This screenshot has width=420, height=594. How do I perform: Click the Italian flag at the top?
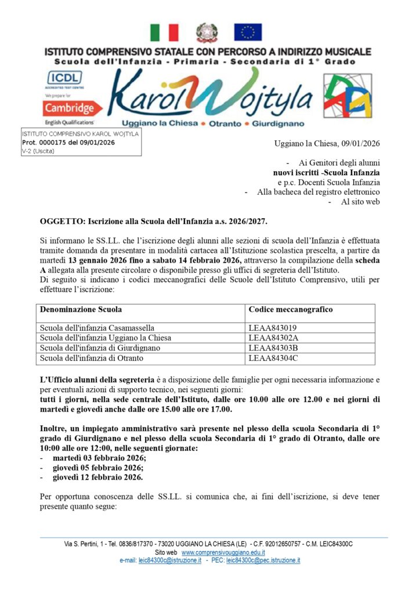coord(164,32)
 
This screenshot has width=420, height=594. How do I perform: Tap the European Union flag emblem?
coord(248,32)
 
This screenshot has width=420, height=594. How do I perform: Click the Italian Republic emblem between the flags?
coord(206,32)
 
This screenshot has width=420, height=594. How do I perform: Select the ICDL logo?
coord(65,77)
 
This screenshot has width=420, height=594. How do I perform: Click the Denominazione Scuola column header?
coord(81,310)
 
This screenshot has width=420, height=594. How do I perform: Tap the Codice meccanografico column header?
coord(291,310)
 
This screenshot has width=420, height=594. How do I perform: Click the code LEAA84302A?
coord(273,338)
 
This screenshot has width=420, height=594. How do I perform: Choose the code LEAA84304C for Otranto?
coord(273,357)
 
